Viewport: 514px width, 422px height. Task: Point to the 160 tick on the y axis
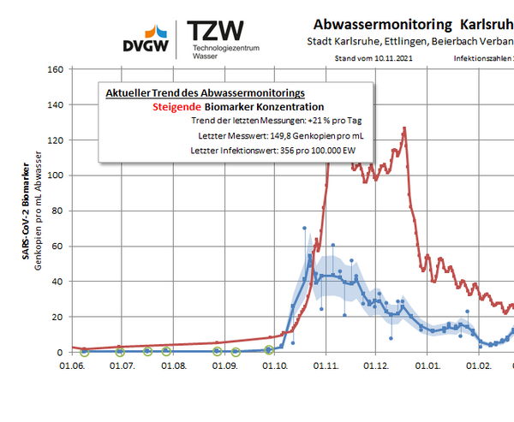pos(56,69)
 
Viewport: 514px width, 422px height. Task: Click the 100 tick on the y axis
pos(56,175)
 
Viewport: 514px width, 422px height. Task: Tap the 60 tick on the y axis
pos(58,247)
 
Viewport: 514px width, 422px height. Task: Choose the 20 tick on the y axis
pos(58,317)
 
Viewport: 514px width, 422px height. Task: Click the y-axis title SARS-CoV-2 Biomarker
pos(26,214)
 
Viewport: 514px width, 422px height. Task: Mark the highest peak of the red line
pos(403,128)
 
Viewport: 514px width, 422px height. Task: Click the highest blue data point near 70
pos(304,228)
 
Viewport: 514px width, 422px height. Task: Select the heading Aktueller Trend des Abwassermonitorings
pos(204,92)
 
